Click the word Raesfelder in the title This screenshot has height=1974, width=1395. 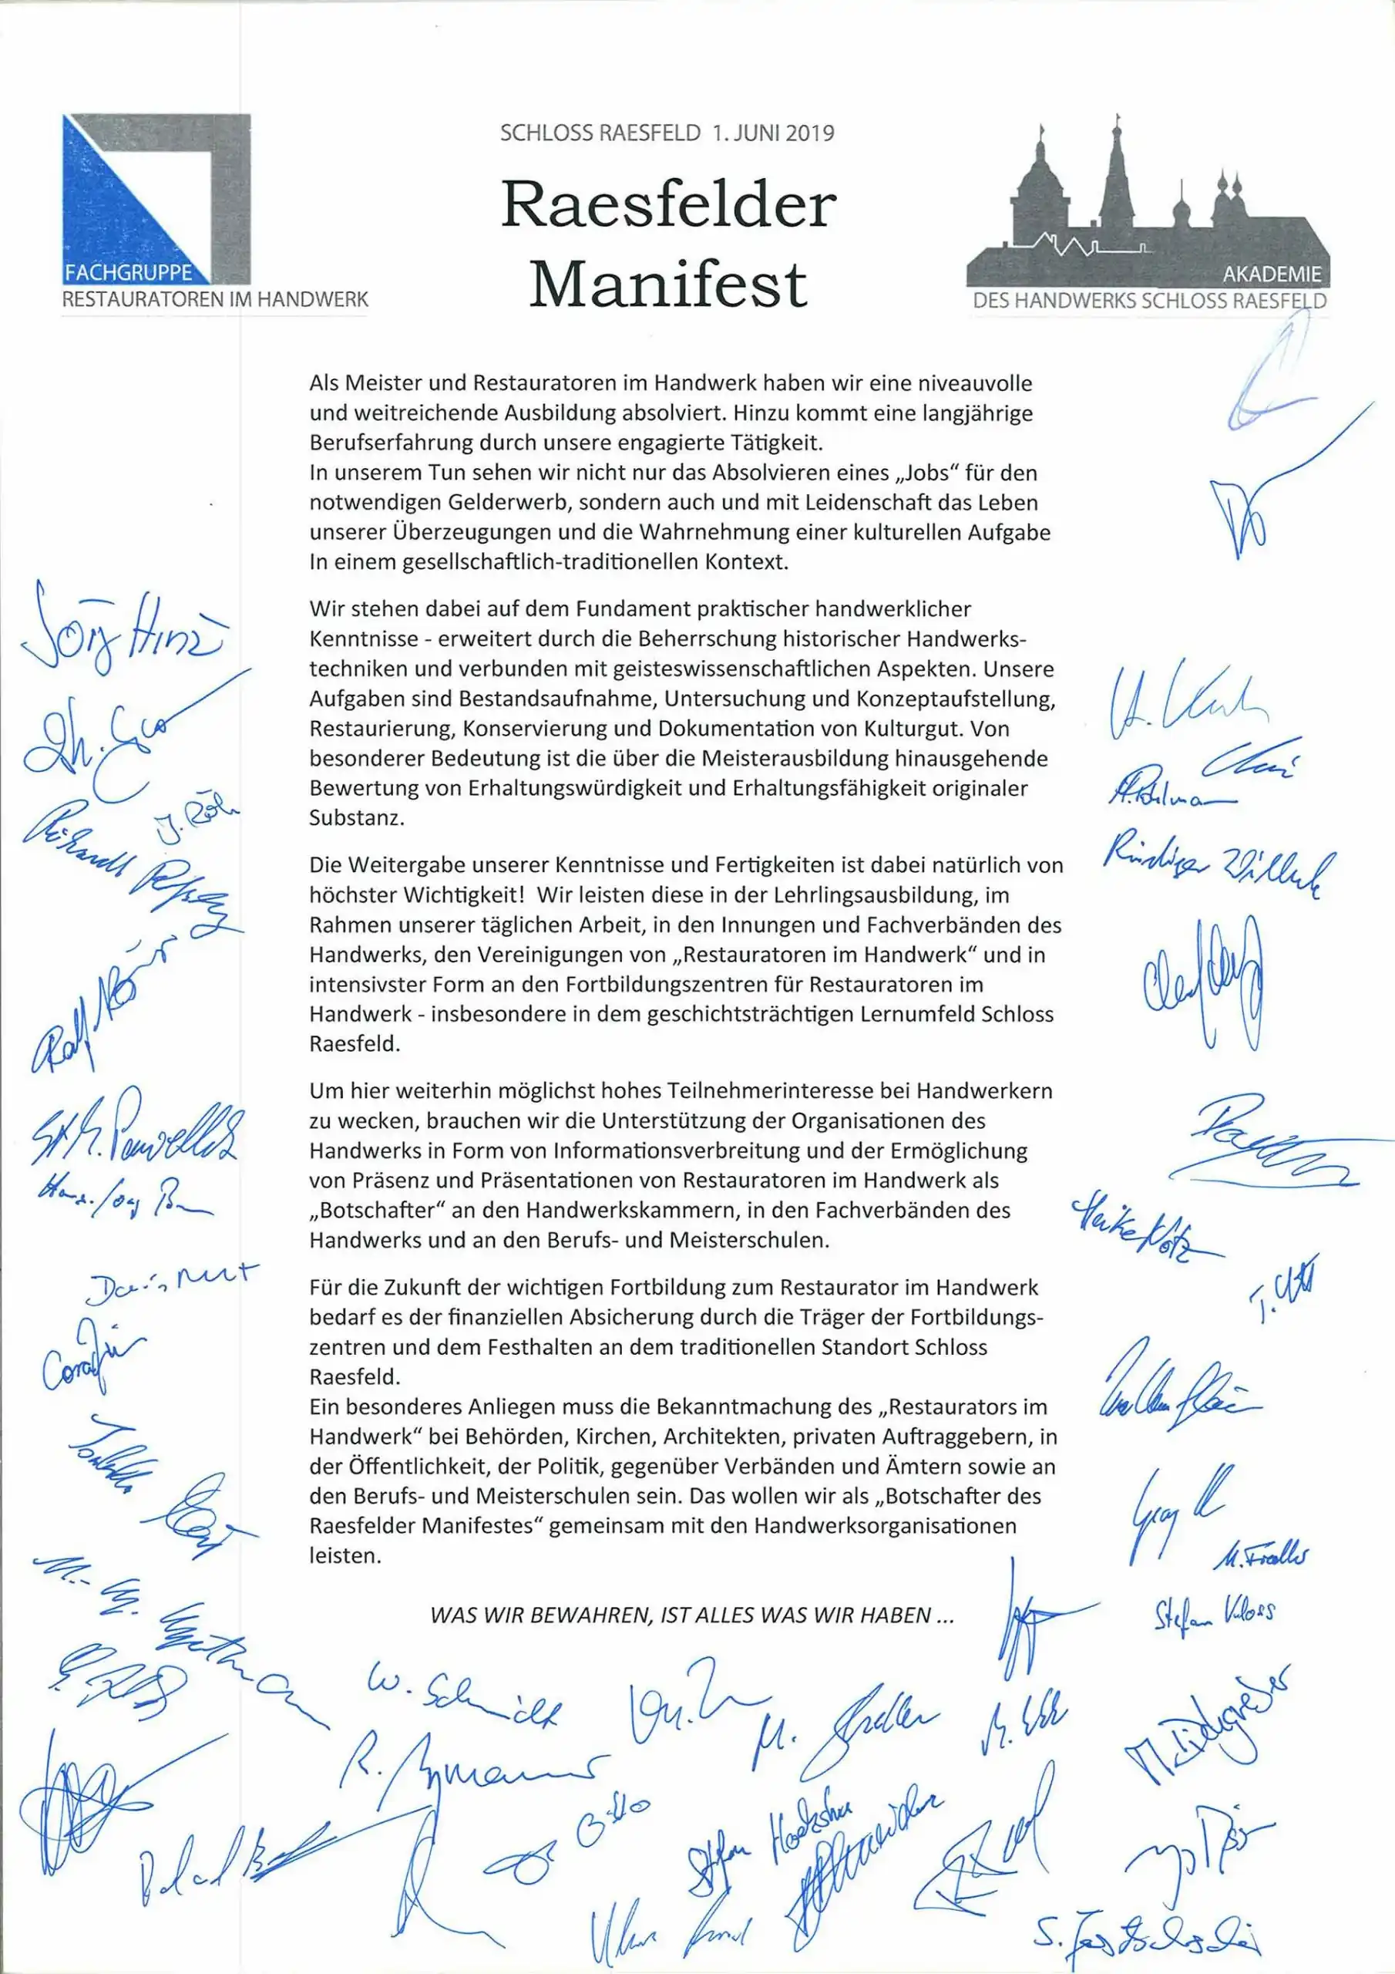coord(668,205)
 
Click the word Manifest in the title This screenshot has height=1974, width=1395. coord(668,284)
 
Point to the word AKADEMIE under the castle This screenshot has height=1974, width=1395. coord(1272,276)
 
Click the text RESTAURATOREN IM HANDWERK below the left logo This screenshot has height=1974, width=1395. coord(215,300)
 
